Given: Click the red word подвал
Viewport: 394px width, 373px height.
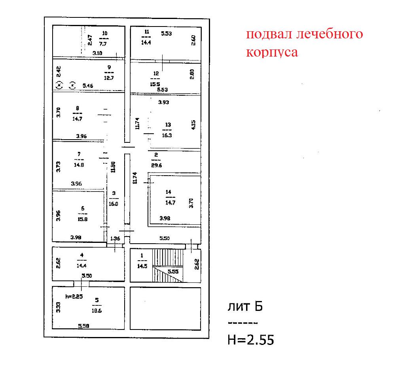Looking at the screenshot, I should (269, 34).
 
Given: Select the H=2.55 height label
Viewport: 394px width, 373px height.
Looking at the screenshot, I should (250, 339).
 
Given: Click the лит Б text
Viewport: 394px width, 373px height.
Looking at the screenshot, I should (245, 307).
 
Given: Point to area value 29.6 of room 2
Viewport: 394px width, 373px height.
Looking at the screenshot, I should (156, 165).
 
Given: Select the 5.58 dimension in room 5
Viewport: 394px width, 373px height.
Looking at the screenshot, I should (83, 326).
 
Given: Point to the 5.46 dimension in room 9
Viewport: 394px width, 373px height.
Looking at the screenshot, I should (88, 85).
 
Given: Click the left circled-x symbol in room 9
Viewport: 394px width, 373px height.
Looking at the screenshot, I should (59, 85).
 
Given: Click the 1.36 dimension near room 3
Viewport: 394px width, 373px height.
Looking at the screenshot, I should (115, 239).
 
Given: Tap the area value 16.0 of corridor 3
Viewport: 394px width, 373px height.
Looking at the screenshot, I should (114, 204).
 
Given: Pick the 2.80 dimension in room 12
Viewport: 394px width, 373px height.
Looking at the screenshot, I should (192, 74).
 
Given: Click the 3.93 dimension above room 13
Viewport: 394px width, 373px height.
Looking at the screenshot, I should (163, 102).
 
